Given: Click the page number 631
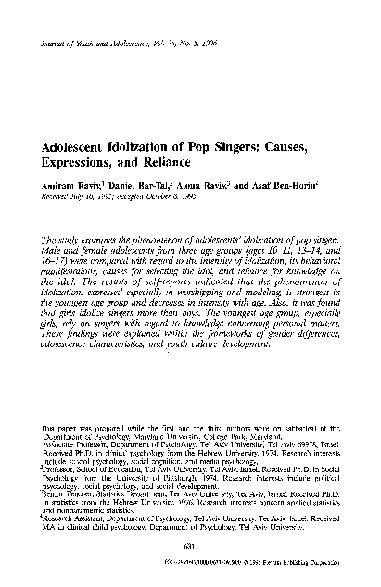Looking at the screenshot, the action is point(190,545).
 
